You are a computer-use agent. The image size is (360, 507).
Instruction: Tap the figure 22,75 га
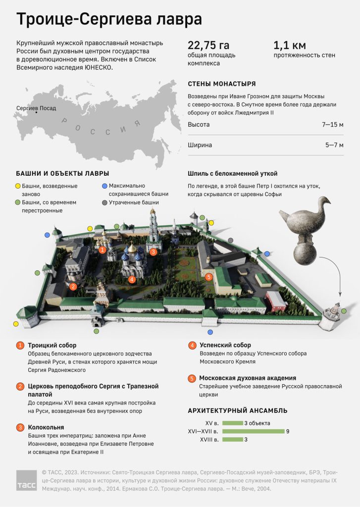(x=208, y=45)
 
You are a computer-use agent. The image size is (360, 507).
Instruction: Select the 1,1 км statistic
(x=290, y=45)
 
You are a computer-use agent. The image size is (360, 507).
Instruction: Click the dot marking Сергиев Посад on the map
(x=36, y=112)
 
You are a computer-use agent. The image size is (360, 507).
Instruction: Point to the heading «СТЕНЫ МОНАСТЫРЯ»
(x=222, y=84)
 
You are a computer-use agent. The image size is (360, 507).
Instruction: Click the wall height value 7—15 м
(x=332, y=124)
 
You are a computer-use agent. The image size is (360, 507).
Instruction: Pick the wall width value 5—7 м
(x=334, y=145)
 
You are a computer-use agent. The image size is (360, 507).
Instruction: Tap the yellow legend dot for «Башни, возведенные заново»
(x=18, y=186)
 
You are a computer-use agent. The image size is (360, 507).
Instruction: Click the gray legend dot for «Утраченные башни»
(x=104, y=203)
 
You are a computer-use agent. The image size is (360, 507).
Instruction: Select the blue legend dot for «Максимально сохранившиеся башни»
(x=104, y=186)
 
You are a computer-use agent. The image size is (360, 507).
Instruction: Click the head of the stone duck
(x=324, y=201)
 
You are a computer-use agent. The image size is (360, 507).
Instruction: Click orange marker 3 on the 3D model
(x=154, y=252)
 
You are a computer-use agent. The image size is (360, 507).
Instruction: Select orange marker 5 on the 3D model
(x=209, y=277)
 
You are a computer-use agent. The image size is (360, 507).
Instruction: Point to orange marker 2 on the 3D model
(x=73, y=286)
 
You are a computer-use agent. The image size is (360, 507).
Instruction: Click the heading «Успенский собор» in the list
(x=225, y=345)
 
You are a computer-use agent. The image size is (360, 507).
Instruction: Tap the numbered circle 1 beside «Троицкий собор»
(x=20, y=345)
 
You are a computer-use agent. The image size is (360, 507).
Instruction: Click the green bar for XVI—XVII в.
(x=254, y=431)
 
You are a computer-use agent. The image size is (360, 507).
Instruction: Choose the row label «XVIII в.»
(x=209, y=440)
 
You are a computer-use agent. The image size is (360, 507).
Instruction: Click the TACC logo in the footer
(x=27, y=480)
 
